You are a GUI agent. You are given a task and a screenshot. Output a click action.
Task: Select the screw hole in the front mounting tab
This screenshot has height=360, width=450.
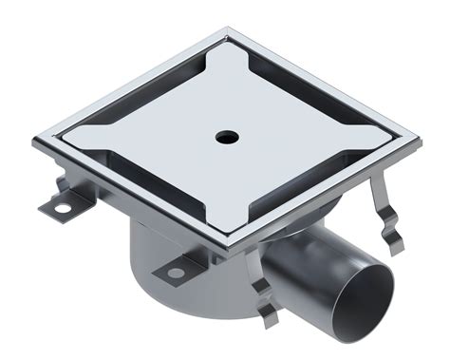tap(176, 273)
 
